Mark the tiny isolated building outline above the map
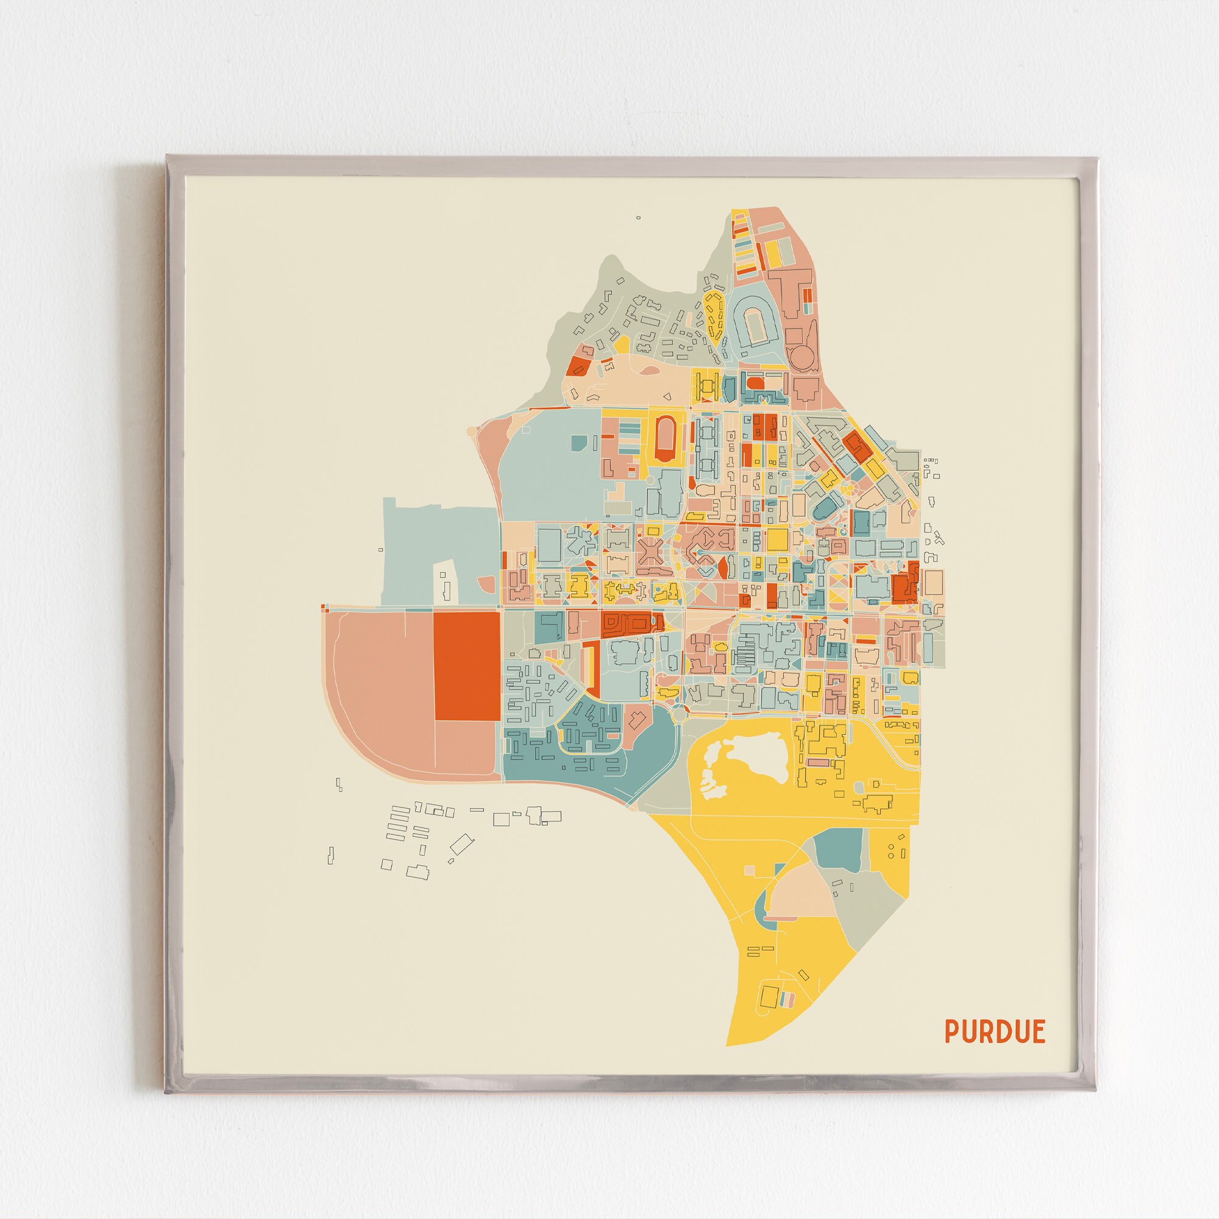click(x=638, y=218)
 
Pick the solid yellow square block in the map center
click(x=777, y=540)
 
